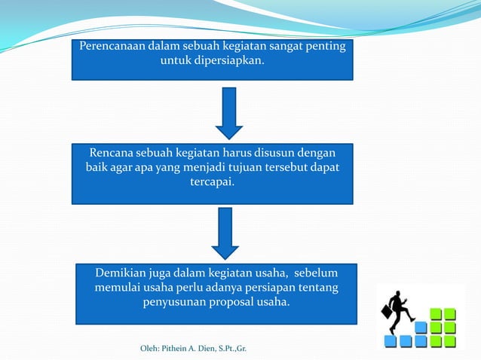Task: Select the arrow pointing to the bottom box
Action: pyautogui.click(x=225, y=233)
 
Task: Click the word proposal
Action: pyautogui.click(x=232, y=303)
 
